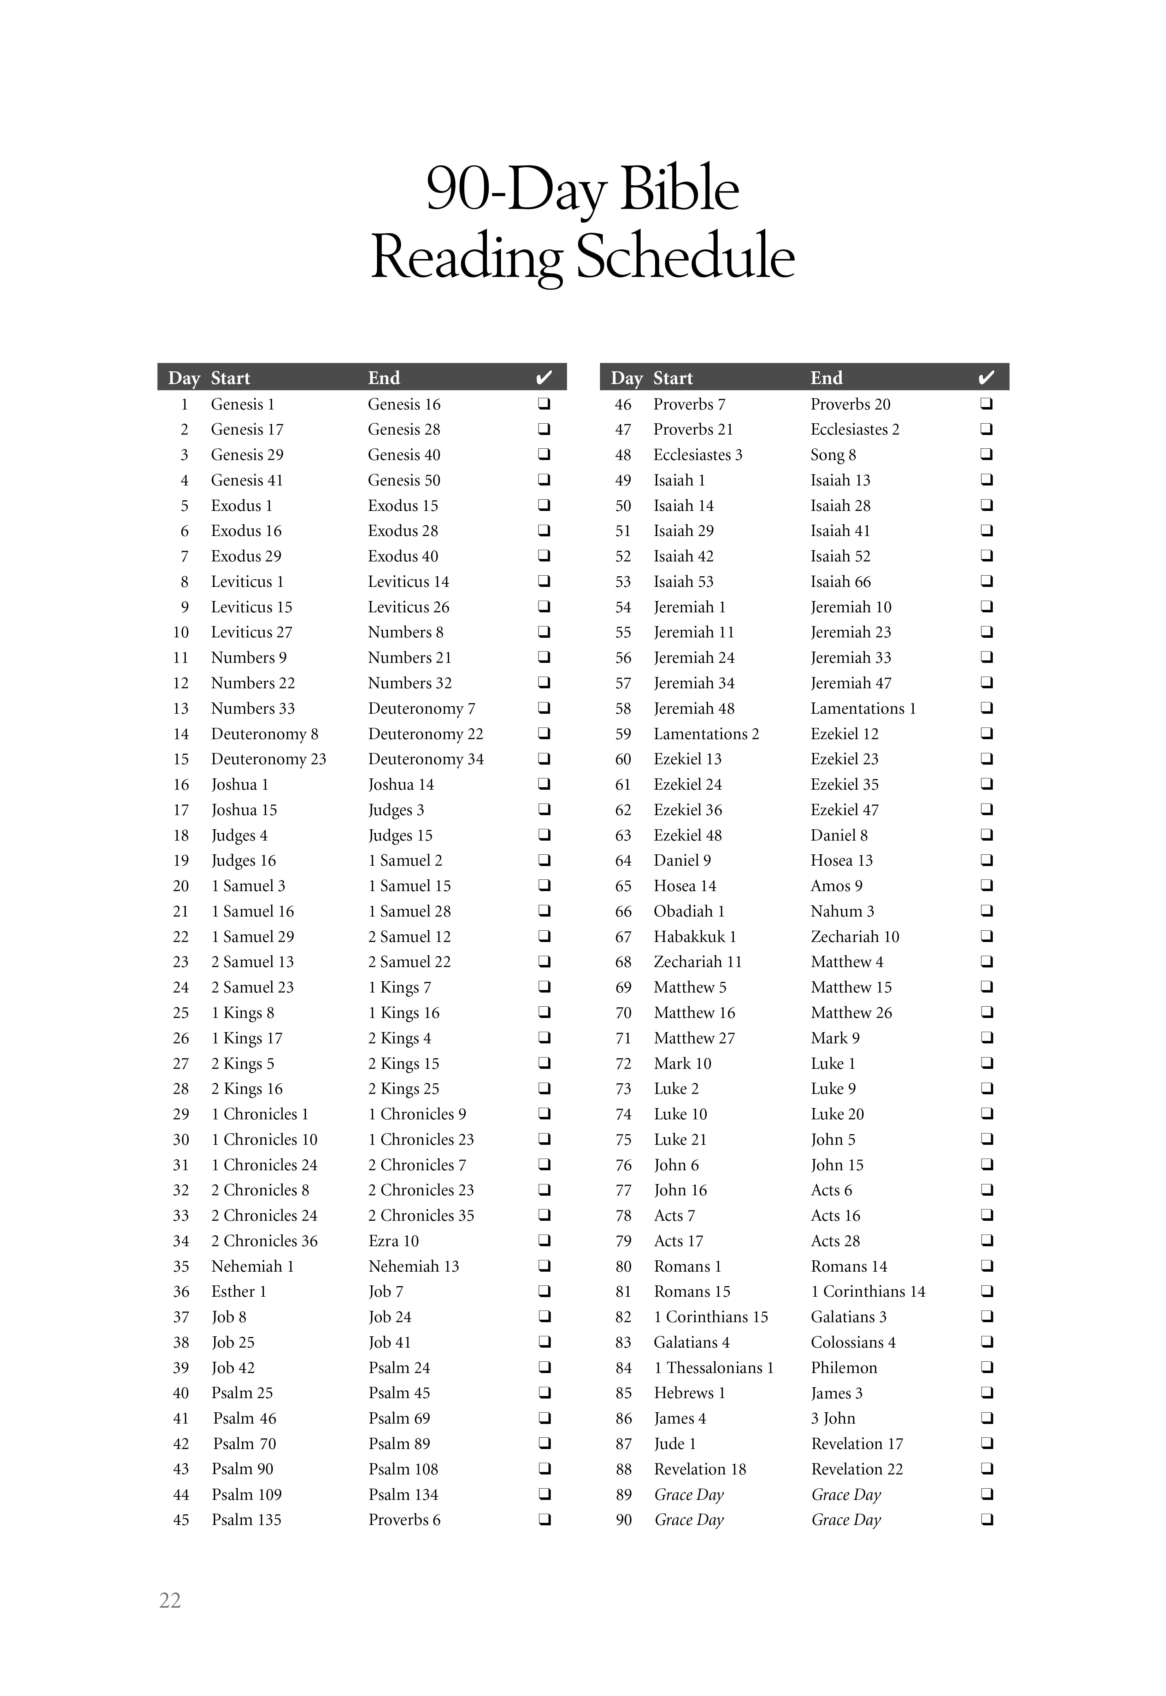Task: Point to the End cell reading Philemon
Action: pyautogui.click(x=844, y=1367)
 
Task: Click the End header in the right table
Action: pyautogui.click(x=826, y=378)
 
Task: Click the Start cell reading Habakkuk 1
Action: pyautogui.click(x=695, y=936)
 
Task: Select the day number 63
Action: pyautogui.click(x=623, y=835)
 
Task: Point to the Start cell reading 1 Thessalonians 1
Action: pyautogui.click(x=713, y=1367)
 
